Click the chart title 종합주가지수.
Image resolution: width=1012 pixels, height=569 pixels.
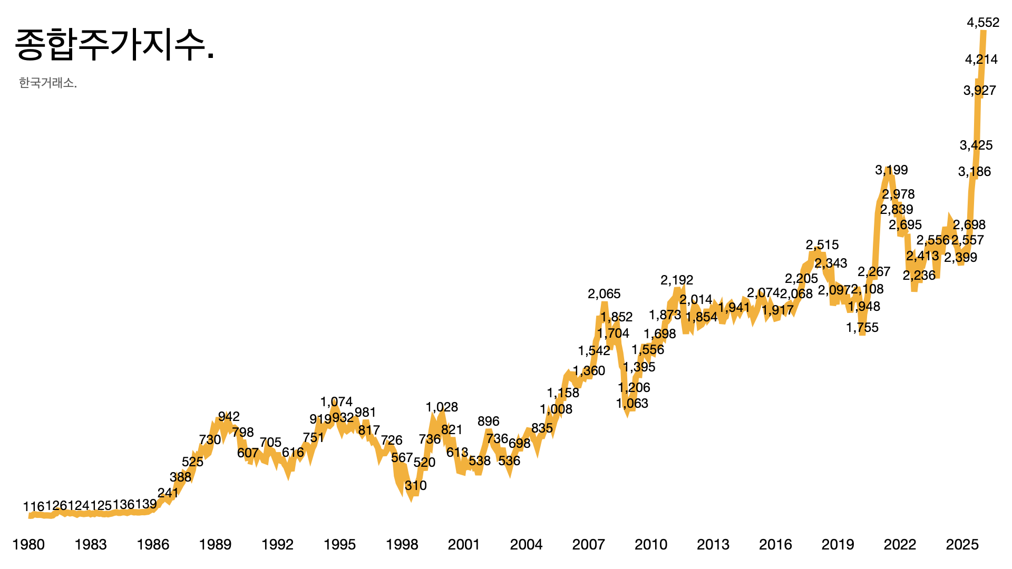click(114, 45)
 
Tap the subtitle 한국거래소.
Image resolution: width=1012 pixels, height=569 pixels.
click(48, 83)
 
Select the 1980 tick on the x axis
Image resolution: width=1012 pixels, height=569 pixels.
click(28, 544)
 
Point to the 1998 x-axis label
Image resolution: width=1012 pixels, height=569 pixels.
click(402, 544)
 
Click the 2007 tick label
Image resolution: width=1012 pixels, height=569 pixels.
click(588, 544)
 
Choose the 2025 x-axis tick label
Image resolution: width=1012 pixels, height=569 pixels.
click(962, 544)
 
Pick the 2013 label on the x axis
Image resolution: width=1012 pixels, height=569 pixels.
click(713, 544)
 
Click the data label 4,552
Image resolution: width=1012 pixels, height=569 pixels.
click(983, 23)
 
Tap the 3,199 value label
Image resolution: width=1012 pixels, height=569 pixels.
click(891, 170)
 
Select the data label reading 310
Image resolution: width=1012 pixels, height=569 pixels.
click(416, 485)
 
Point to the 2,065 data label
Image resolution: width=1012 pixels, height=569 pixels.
click(604, 293)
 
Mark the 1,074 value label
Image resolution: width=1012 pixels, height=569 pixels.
click(336, 401)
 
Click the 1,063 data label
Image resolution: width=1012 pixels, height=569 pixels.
click(632, 403)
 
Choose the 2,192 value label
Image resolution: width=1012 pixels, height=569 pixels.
click(677, 280)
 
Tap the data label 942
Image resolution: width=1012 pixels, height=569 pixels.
click(229, 417)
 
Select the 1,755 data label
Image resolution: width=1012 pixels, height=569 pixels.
click(862, 327)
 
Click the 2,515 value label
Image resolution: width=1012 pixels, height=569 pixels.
click(822, 244)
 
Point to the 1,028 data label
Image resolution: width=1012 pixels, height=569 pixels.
click(442, 407)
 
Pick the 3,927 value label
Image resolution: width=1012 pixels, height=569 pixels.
click(979, 90)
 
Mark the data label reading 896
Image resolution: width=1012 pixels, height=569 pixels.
click(488, 421)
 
